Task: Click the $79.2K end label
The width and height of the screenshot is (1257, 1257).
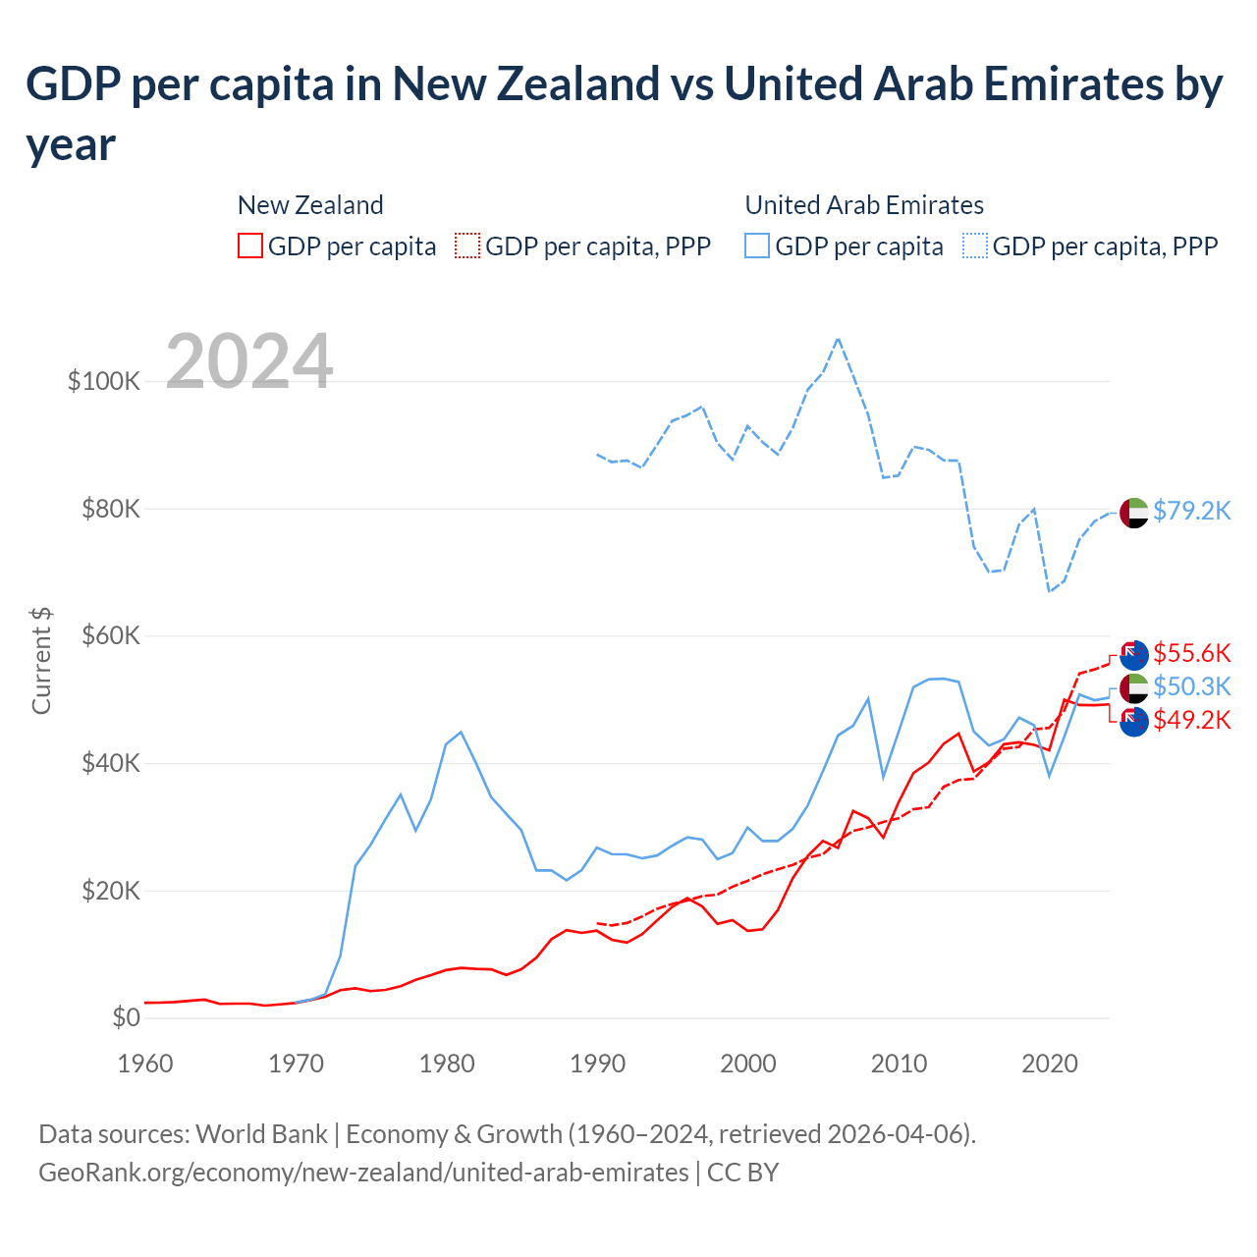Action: point(1191,511)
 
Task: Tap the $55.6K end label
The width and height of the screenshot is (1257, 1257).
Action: point(1191,653)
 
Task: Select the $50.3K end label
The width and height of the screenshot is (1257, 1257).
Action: point(1191,686)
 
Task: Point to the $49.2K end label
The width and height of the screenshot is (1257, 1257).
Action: point(1191,720)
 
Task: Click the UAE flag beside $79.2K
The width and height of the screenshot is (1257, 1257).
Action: point(1134,513)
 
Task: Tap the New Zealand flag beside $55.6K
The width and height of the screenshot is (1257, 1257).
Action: point(1134,655)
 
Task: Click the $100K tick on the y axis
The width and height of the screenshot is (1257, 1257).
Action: point(104,381)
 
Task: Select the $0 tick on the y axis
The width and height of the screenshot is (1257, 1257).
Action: point(126,1017)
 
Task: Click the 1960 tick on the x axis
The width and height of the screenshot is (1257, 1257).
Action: point(145,1064)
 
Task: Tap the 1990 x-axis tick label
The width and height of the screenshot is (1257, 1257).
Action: point(597,1064)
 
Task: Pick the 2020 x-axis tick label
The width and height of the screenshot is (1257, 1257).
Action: point(1050,1064)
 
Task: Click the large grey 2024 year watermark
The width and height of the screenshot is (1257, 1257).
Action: point(249,361)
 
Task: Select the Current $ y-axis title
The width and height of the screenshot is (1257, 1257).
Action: point(41,660)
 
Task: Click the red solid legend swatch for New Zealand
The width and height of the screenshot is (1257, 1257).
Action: point(250,246)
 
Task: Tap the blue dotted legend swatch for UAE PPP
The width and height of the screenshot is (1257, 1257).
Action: point(975,246)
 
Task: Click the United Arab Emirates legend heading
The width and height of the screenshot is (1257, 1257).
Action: point(864,205)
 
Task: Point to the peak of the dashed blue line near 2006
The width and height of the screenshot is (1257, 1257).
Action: point(838,339)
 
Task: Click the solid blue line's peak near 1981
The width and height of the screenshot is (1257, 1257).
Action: point(461,732)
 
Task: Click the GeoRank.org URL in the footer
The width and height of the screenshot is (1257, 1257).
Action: point(363,1173)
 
